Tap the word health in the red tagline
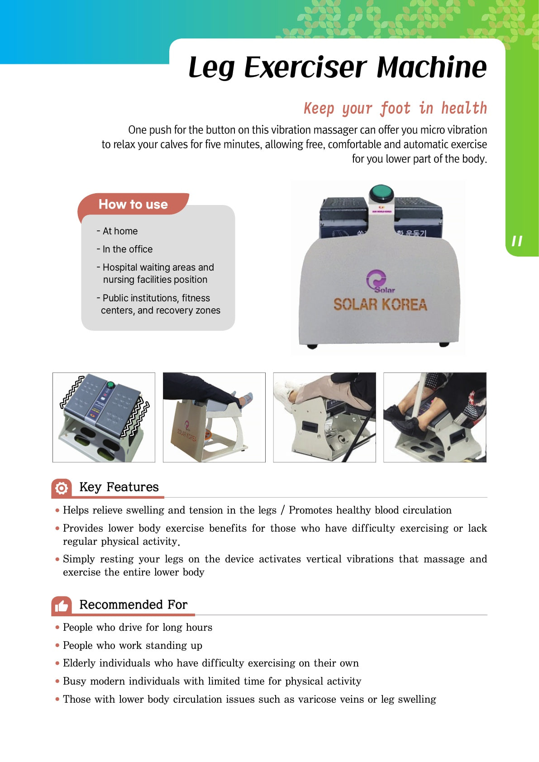pos(464,108)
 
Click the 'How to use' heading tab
pos(133,204)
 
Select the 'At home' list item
pos(117,231)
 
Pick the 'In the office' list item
pos(124,249)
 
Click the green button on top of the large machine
pos(381,193)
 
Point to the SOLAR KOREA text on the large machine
pos(380,305)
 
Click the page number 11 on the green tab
pos(517,241)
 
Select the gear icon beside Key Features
pos(62,488)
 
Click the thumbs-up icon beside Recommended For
pos(62,606)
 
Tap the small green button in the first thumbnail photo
pos(110,385)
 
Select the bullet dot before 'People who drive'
pos(57,627)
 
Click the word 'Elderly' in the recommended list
pos(79,663)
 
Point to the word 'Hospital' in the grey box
pos(120,267)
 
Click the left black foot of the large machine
pos(312,347)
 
